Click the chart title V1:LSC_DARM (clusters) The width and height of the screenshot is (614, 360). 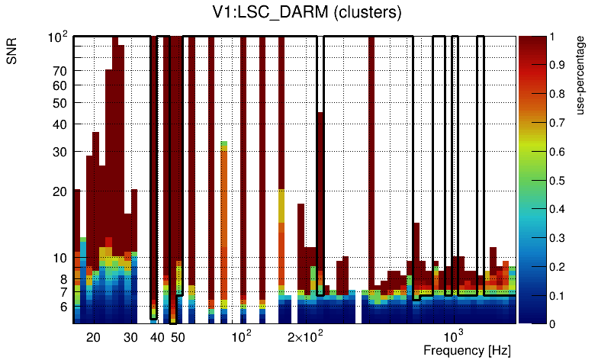306,13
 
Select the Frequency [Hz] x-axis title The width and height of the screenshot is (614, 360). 467,350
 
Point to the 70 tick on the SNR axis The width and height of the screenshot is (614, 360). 59,71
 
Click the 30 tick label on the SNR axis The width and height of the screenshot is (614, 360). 59,152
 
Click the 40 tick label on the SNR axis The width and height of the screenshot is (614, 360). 59,124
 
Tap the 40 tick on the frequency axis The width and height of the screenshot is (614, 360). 157,336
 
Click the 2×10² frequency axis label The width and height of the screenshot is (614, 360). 305,336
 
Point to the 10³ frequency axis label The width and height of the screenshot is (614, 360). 453,336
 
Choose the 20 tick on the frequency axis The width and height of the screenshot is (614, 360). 93,336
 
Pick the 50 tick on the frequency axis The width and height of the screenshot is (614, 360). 178,336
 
